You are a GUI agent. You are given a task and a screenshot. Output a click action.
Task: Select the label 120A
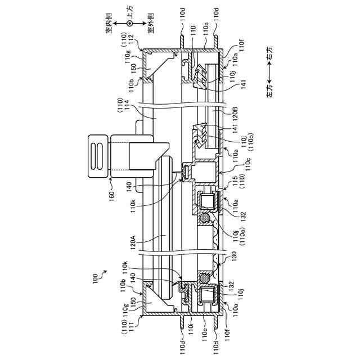point(133,242)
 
